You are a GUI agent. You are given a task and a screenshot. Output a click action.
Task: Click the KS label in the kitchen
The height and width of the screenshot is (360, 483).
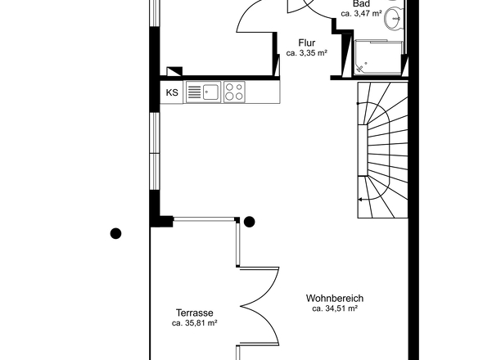click(x=172, y=92)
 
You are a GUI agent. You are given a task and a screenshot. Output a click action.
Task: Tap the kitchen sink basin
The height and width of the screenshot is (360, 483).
click(x=210, y=92)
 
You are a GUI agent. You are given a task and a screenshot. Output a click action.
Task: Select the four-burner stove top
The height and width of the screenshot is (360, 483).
click(x=234, y=92)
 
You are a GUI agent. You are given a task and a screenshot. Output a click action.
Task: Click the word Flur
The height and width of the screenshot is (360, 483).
click(x=306, y=43)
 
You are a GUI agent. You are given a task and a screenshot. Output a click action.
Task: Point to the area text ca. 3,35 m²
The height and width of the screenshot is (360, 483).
click(x=306, y=53)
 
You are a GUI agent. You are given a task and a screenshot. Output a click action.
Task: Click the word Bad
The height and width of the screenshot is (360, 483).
click(x=361, y=4)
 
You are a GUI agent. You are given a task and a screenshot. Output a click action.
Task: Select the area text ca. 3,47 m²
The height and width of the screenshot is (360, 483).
click(x=361, y=14)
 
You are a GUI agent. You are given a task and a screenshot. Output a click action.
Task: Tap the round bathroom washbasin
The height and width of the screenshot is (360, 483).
click(x=392, y=19)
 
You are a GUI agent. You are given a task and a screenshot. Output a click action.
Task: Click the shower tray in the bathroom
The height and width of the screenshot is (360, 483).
click(x=378, y=57)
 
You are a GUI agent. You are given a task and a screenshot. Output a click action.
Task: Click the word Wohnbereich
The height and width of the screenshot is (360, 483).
click(x=335, y=298)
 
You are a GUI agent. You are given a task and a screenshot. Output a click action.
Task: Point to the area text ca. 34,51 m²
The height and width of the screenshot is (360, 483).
click(x=335, y=308)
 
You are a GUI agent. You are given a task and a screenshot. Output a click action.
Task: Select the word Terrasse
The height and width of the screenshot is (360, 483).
click(x=194, y=313)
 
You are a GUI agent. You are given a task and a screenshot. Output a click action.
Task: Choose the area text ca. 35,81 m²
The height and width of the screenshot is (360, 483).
click(x=194, y=323)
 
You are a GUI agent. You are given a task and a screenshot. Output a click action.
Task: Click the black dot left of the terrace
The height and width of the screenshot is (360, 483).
click(x=115, y=233)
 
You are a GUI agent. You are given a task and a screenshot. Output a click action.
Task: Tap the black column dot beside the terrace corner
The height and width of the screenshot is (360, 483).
click(x=249, y=222)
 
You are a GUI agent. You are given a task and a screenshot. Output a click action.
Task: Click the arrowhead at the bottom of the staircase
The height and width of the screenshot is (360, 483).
click(x=359, y=200)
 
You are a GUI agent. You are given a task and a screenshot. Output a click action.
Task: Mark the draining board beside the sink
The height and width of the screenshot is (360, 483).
click(x=194, y=92)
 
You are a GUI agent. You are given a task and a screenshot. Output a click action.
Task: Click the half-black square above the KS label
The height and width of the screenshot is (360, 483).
click(x=174, y=71)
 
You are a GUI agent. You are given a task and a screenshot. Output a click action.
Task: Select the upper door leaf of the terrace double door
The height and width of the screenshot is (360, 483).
click(x=260, y=286)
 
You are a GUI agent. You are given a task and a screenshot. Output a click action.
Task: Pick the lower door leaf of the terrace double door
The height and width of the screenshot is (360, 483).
click(x=260, y=326)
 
